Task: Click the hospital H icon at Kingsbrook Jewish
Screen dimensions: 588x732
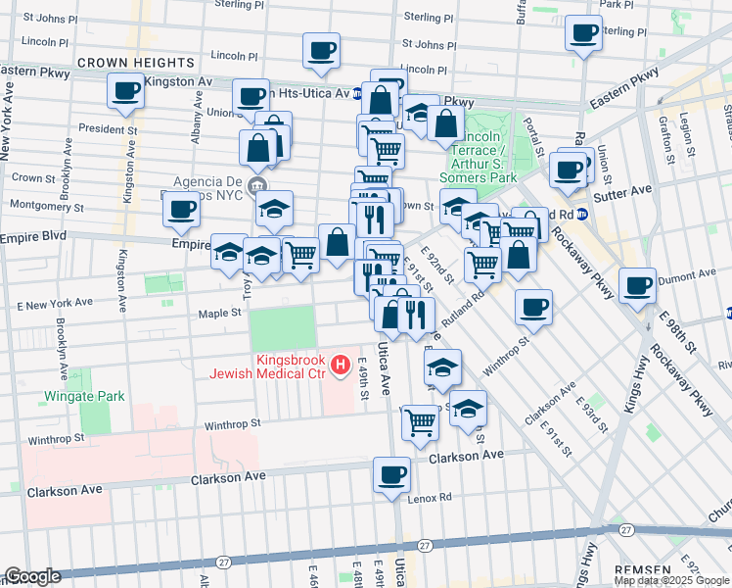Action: click(x=341, y=367)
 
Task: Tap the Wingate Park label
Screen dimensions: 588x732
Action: click(x=84, y=396)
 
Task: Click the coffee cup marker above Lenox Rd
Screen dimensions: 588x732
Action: click(x=392, y=474)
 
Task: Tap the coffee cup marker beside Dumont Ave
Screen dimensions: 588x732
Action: click(x=637, y=286)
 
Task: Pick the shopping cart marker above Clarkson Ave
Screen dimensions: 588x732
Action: click(x=420, y=421)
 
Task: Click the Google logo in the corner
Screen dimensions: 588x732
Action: click(x=33, y=576)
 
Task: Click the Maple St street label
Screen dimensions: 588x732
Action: click(x=220, y=313)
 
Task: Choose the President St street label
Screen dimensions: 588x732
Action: click(x=108, y=128)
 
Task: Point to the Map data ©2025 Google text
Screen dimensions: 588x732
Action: click(x=671, y=579)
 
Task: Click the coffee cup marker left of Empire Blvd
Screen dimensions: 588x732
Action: click(x=181, y=208)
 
